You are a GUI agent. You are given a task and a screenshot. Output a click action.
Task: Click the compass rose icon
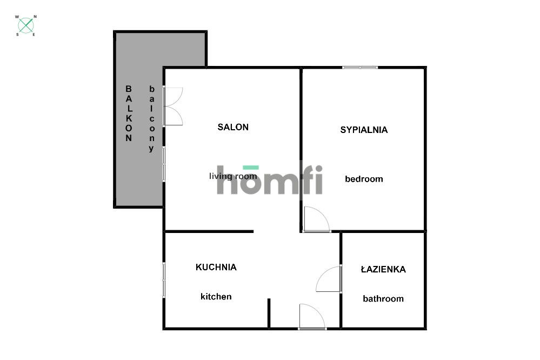(26, 25)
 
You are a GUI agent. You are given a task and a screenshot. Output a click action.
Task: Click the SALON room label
(233, 128)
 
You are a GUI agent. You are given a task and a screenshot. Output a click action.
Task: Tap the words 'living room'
(233, 176)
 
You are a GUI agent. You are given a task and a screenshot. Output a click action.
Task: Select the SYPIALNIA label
(364, 130)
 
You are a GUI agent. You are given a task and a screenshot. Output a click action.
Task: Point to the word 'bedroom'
(364, 179)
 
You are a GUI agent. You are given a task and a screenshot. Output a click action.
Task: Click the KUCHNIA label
(216, 267)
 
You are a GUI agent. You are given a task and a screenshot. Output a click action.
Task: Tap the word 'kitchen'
(216, 297)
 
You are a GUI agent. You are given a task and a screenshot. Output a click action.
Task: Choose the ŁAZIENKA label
(383, 269)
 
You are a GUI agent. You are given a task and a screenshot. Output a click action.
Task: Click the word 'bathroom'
(383, 299)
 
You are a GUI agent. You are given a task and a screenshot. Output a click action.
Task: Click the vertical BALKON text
(129, 113)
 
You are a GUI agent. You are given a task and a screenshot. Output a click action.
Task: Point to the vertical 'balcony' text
(152, 118)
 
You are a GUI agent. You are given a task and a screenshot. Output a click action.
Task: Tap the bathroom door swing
(329, 279)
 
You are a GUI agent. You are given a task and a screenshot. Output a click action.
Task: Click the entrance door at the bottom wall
(312, 317)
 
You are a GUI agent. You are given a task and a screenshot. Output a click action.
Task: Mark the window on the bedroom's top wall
(360, 68)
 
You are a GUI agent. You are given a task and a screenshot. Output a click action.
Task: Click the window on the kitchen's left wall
(164, 279)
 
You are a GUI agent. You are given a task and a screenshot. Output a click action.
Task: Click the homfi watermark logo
(270, 180)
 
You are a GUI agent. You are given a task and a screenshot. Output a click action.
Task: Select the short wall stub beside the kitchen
(269, 313)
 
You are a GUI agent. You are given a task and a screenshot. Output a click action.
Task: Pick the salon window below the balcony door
(164, 164)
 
